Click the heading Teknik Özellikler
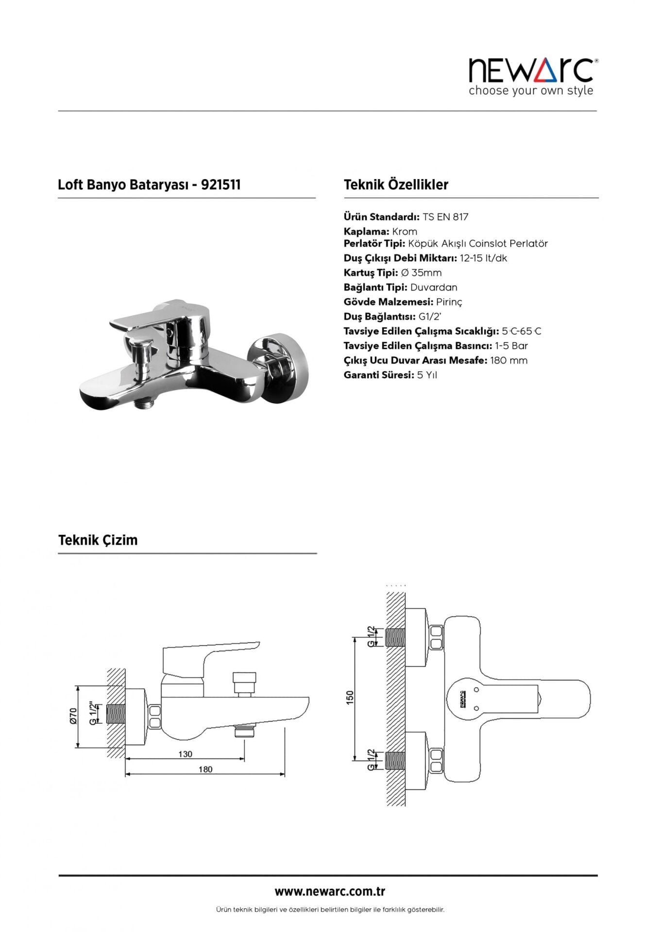click(396, 184)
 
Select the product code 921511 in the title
click(220, 184)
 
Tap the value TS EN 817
click(445, 217)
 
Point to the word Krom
click(405, 232)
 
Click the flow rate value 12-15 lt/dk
click(483, 258)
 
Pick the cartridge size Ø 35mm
click(421, 273)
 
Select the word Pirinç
click(449, 302)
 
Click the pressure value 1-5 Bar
click(511, 346)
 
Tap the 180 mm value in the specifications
click(508, 360)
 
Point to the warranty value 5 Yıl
click(427, 375)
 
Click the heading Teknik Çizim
click(98, 540)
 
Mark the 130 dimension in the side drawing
click(185, 754)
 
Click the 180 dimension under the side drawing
click(205, 769)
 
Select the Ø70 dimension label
click(73, 716)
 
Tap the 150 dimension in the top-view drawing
click(350, 697)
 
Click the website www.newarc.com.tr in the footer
click(330, 891)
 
